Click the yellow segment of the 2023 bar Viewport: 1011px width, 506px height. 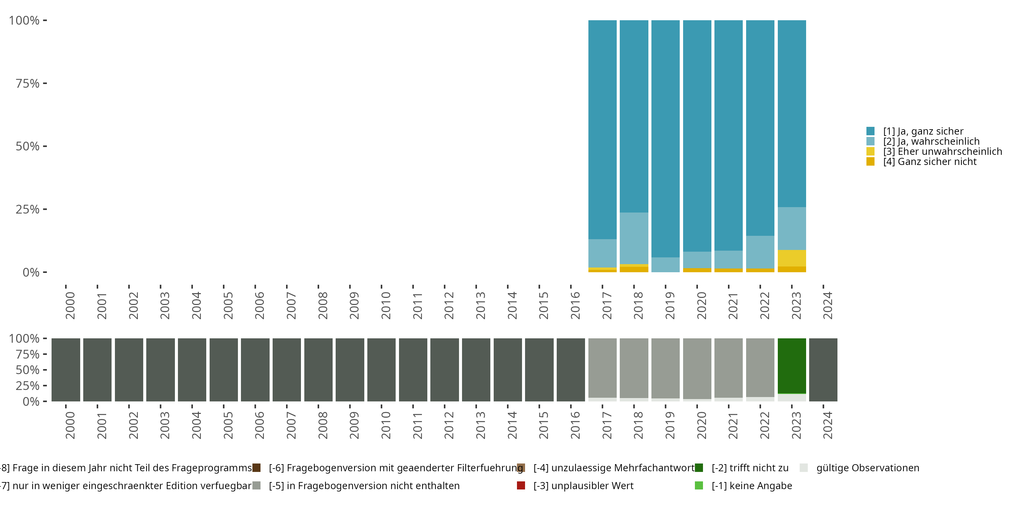792,258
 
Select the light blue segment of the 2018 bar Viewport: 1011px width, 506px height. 634,238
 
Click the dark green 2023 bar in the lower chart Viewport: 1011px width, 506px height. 792,365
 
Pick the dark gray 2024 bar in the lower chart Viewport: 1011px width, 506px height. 823,370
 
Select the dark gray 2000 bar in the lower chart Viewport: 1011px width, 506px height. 65,370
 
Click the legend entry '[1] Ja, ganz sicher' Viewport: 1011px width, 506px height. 923,131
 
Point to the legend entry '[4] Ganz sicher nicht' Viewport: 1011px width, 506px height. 930,162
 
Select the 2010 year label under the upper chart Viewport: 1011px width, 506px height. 386,305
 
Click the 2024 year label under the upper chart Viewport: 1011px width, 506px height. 827,305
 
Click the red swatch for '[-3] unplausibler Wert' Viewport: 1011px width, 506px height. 521,485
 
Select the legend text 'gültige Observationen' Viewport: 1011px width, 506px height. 867,468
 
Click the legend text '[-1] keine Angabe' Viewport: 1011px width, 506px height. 752,486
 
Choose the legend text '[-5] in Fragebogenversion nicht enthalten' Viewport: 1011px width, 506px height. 364,486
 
